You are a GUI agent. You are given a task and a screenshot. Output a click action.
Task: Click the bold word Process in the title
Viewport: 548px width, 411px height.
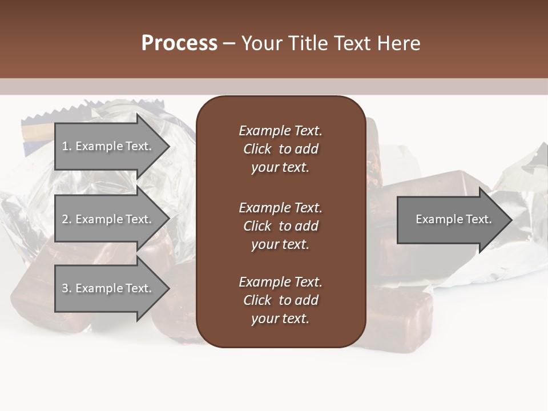tap(179, 43)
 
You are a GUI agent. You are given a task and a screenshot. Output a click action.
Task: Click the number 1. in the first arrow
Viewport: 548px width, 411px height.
tap(67, 146)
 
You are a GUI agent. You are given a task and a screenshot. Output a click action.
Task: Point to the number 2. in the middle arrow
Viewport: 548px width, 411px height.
tap(67, 219)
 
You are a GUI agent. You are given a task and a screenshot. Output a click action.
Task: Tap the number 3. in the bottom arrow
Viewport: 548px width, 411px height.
tap(67, 288)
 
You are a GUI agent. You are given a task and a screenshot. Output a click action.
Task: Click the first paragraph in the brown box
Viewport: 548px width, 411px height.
tap(280, 149)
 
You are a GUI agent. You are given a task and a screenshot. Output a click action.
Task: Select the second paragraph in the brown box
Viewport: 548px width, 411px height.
tap(280, 226)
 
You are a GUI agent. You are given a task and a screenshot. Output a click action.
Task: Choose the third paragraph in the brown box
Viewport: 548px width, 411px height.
tap(280, 300)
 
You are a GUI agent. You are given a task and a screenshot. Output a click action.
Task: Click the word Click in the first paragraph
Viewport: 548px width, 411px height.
tap(257, 149)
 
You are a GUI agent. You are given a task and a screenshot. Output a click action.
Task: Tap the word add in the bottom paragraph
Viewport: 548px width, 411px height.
tap(307, 300)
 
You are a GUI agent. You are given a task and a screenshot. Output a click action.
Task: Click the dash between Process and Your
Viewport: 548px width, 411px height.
tap(229, 43)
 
